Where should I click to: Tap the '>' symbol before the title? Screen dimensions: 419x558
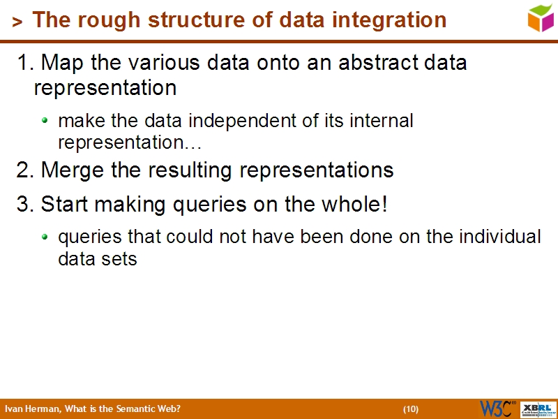pyautogui.click(x=17, y=22)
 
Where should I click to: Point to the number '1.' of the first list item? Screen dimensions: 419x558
pyautogui.click(x=26, y=63)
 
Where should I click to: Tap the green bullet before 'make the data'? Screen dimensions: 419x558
pyautogui.click(x=45, y=121)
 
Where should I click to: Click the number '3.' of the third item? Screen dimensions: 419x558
pyautogui.click(x=26, y=205)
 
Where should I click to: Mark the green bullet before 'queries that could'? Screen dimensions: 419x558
pyautogui.click(x=45, y=237)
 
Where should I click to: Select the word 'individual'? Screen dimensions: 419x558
pyautogui.click(x=500, y=237)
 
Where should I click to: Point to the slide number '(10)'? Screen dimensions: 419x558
pyautogui.click(x=410, y=409)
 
